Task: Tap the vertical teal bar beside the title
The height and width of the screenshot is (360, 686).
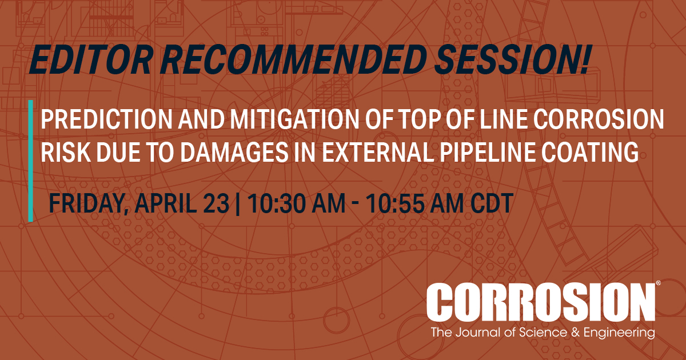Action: click(30, 160)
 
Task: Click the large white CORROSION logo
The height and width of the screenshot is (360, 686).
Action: click(540, 303)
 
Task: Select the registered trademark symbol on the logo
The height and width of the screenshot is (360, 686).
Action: click(659, 284)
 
